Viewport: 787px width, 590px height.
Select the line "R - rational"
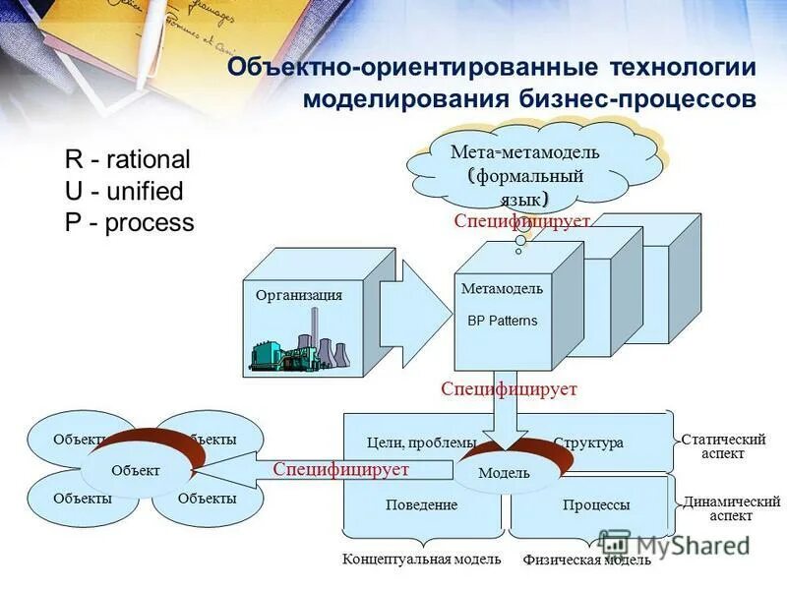128,159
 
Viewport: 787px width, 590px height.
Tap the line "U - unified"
124,191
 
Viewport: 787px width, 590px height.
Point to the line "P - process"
130,222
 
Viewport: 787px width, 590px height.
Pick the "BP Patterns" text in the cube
502,321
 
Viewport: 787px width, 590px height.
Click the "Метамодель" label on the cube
502,289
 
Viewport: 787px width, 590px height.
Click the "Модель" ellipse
504,473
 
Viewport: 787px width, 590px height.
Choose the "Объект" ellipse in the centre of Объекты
135,471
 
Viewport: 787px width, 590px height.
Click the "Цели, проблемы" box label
420,443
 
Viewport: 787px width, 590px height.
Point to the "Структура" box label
588,443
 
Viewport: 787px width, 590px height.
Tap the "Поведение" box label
421,504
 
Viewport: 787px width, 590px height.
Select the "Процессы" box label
596,505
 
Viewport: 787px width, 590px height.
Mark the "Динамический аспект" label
731,508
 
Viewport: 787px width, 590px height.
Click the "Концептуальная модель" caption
421,560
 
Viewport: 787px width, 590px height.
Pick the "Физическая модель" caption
586,560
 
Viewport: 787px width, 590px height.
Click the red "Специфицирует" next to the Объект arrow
340,470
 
